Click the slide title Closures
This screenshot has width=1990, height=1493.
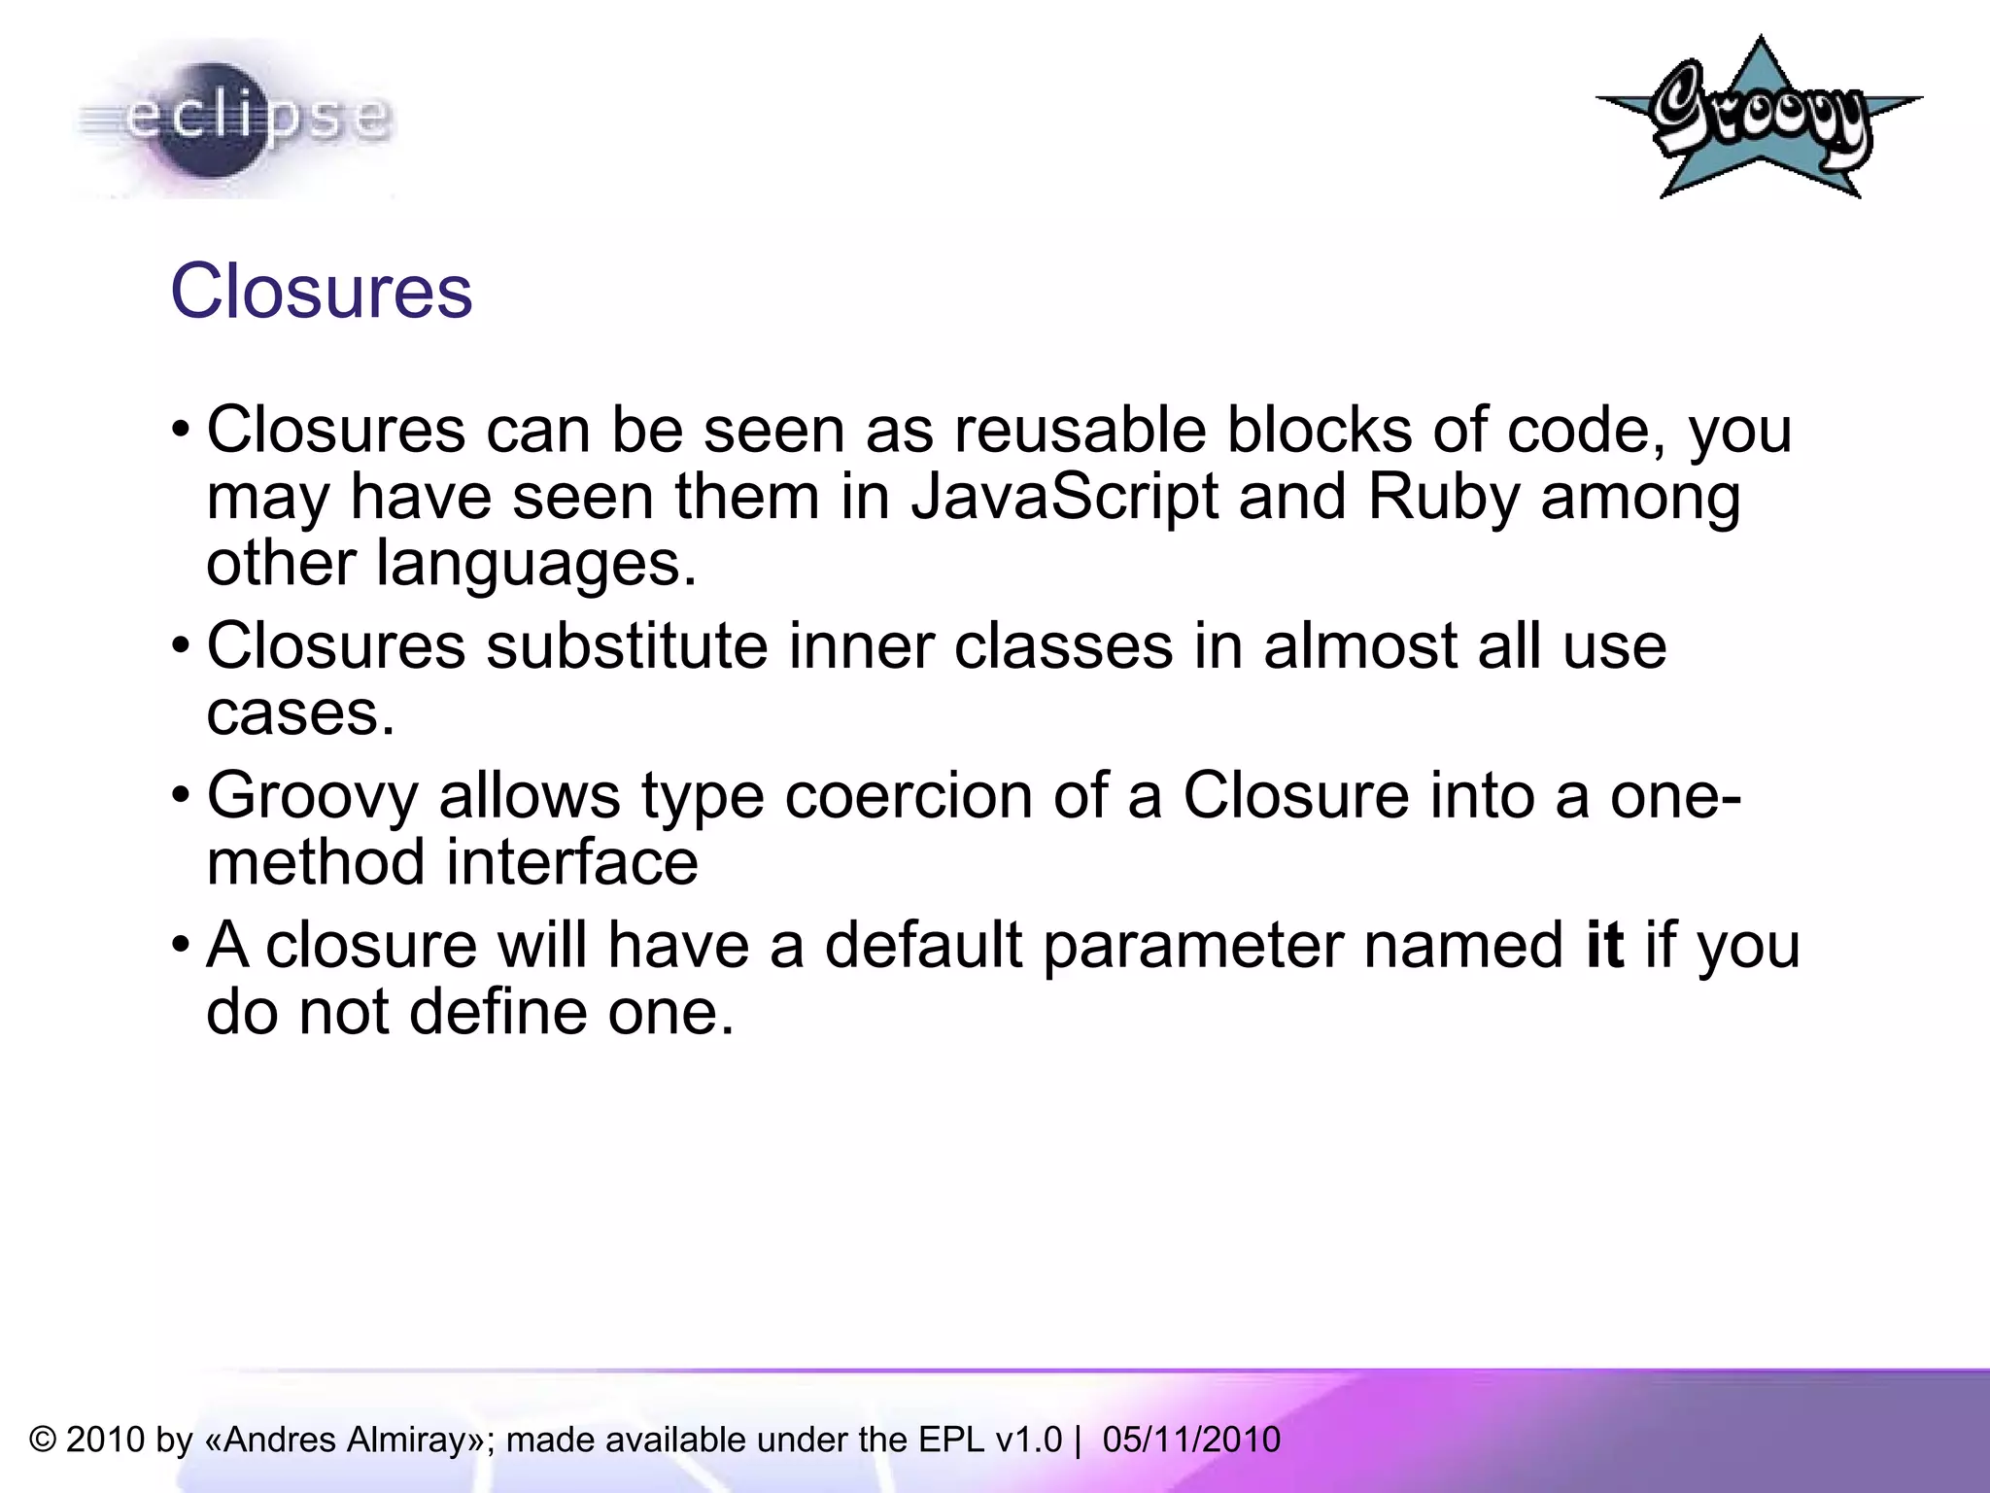tap(322, 292)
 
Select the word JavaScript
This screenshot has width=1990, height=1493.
tap(1064, 497)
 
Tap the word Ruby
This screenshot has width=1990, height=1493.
tap(1443, 497)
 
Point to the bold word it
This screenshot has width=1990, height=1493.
tap(1604, 945)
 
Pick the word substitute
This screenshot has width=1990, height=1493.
tap(627, 646)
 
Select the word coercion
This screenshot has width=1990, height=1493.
tap(909, 796)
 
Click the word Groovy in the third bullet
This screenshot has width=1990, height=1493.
tap(313, 796)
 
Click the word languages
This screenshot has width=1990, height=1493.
tap(535, 564)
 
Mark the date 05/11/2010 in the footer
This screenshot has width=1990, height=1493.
tap(1191, 1440)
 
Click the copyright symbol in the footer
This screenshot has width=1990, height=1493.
tap(43, 1440)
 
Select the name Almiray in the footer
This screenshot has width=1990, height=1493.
tap(408, 1440)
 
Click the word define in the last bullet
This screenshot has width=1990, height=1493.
tap(497, 1013)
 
